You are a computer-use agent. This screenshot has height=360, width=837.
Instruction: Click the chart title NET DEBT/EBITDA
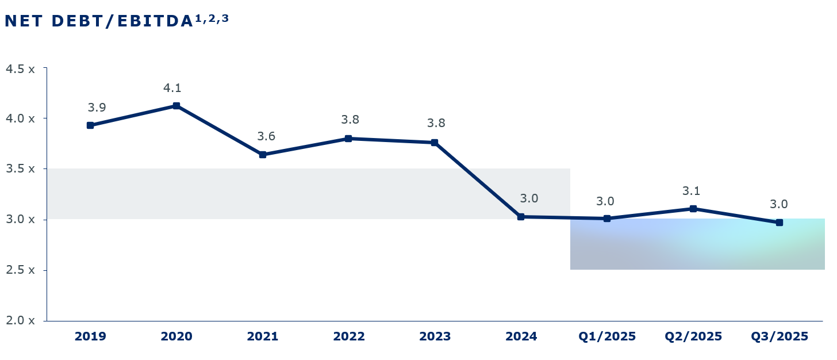coord(98,21)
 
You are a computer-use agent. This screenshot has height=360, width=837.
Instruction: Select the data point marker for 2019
coord(90,125)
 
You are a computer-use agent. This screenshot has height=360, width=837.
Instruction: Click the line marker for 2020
coord(176,106)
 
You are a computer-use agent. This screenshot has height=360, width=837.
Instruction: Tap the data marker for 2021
coord(263,155)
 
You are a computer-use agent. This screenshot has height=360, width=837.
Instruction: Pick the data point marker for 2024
coord(521,217)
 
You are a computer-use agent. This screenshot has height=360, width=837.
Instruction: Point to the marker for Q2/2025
coord(693,209)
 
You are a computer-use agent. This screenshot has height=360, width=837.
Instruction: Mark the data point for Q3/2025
coord(780,223)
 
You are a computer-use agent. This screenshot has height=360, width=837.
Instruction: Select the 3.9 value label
coord(97,108)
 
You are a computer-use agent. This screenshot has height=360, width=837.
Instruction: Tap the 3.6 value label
coord(266,136)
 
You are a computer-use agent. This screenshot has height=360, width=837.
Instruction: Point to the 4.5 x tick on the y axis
coord(20,68)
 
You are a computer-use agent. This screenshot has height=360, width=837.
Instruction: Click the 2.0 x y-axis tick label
coord(20,320)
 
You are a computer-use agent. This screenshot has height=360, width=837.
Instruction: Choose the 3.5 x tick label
coord(20,169)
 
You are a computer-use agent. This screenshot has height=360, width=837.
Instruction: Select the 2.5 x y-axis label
coord(20,270)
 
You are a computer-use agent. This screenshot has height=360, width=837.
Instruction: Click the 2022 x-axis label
coord(349,336)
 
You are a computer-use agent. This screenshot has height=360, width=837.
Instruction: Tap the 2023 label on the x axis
coord(435,336)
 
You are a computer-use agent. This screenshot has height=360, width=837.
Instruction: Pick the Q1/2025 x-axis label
coord(607,336)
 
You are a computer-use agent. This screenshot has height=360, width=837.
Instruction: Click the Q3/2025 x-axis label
coord(780,336)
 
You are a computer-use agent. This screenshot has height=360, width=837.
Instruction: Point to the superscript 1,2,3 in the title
coord(212,18)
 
